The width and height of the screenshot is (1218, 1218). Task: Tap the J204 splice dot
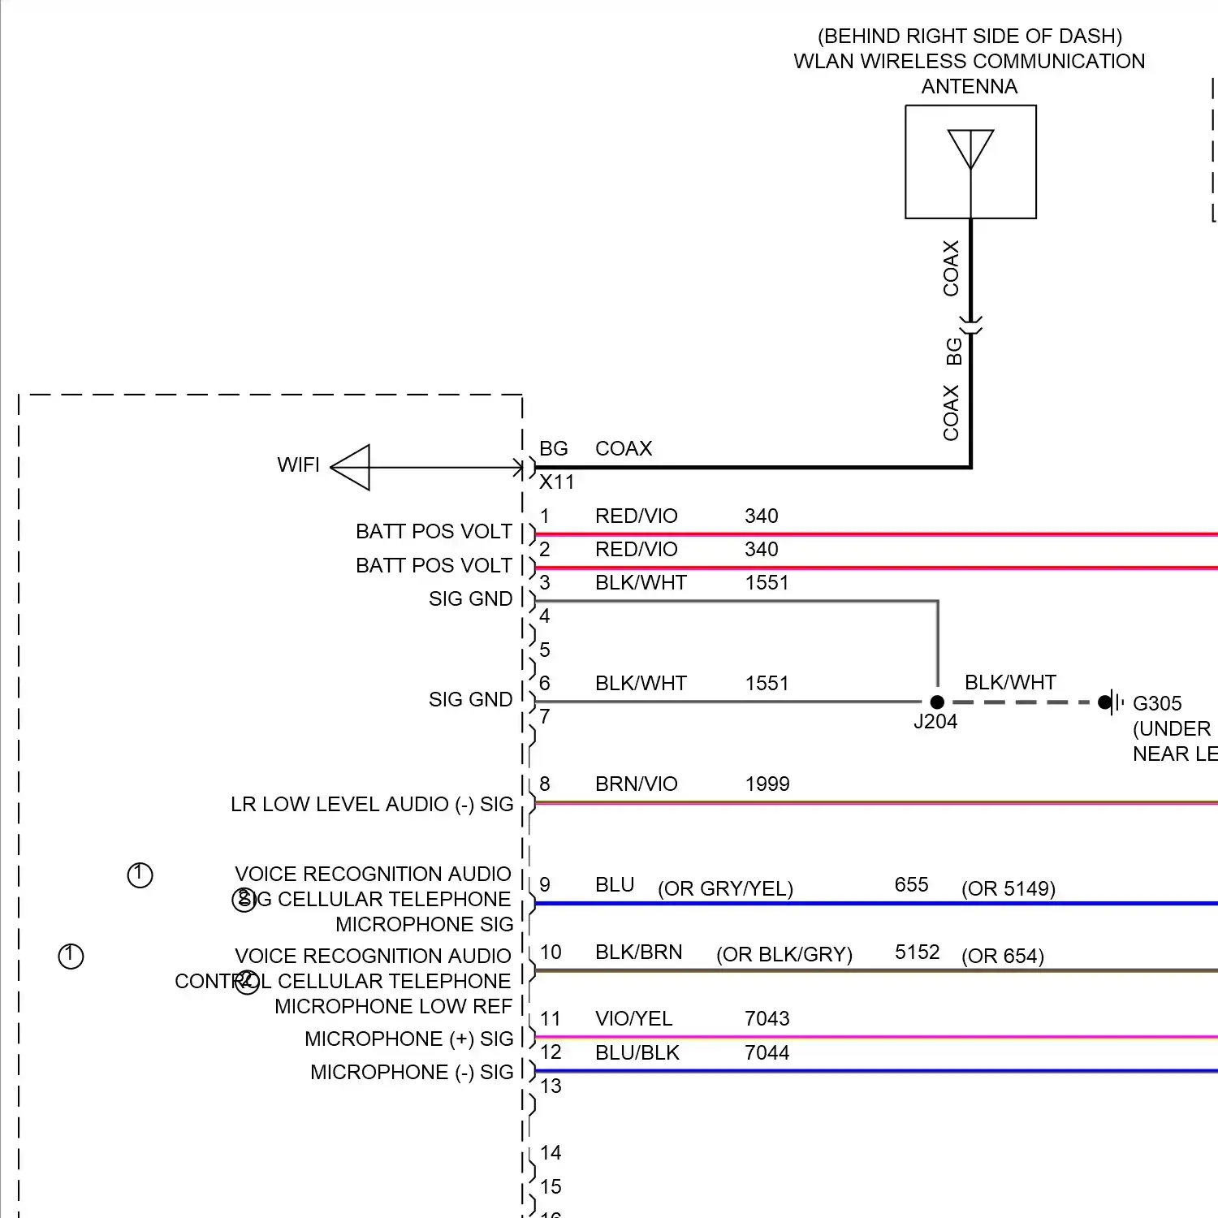click(937, 702)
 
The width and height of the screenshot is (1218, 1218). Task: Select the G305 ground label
click(1157, 703)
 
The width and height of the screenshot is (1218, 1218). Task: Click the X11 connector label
click(557, 482)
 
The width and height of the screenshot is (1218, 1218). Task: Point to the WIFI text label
click(298, 465)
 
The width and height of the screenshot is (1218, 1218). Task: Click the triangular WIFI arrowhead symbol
click(352, 468)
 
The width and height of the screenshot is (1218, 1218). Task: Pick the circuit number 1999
click(767, 784)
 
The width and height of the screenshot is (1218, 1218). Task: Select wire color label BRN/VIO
click(636, 784)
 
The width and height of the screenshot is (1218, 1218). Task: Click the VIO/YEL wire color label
click(633, 1018)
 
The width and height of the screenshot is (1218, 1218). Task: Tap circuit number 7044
click(767, 1052)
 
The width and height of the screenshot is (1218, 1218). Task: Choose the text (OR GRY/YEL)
click(725, 888)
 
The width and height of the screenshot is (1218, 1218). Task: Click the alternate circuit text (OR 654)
click(1003, 956)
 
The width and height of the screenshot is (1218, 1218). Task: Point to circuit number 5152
click(917, 952)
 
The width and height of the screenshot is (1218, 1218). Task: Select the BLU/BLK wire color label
click(637, 1052)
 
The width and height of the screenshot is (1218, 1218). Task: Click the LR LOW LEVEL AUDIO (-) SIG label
click(372, 804)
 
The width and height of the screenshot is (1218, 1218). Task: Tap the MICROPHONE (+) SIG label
click(408, 1039)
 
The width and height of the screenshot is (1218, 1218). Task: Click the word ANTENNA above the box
click(969, 86)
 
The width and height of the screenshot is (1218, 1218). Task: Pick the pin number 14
click(551, 1152)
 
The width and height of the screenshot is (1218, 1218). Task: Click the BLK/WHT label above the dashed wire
click(1010, 682)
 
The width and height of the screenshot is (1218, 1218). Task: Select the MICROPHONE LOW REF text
click(393, 1006)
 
